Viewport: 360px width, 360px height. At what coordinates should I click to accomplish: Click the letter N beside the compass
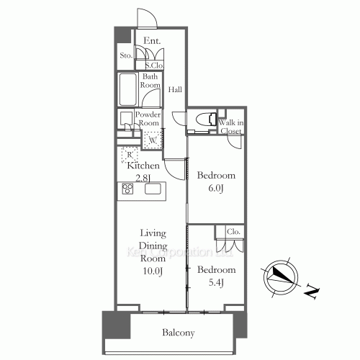pos(311,292)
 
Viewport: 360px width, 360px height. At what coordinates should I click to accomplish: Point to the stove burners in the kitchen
pos(128,189)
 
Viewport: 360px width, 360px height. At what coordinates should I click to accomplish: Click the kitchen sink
pos(153,189)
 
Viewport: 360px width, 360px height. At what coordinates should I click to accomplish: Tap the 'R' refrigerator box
pos(129,153)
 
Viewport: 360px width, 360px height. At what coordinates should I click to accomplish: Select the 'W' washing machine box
pos(152,140)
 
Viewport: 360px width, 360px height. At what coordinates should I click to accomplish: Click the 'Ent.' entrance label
pos(151,41)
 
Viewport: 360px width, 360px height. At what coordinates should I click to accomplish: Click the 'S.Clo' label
pos(153,66)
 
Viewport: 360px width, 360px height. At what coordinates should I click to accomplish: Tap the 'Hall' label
pos(175,90)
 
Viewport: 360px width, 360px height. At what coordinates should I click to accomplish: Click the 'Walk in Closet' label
pos(231,127)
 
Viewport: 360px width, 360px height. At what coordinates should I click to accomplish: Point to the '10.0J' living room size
pos(153,270)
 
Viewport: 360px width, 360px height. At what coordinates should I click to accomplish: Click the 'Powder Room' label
pos(148,118)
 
